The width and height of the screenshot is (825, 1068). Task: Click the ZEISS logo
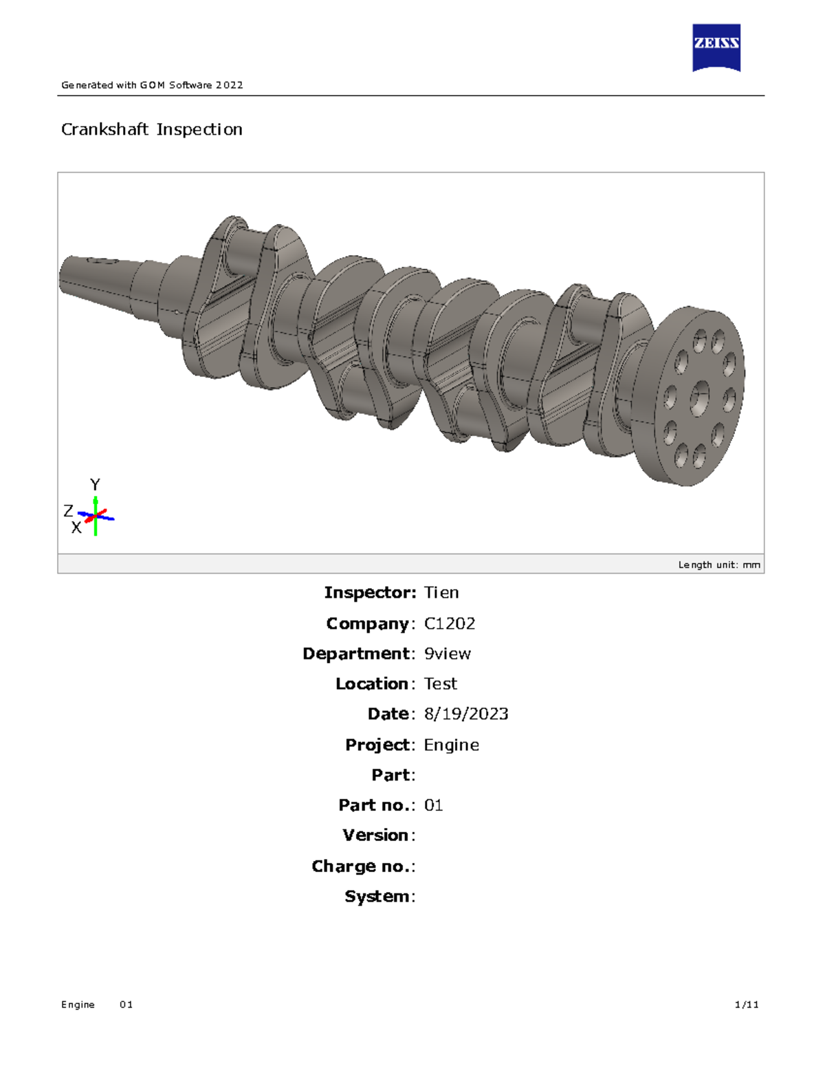click(x=716, y=47)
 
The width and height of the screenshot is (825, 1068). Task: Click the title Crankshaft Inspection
click(x=151, y=129)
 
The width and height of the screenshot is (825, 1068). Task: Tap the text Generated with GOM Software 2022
click(x=152, y=85)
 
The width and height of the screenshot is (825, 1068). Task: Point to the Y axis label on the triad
click(x=95, y=485)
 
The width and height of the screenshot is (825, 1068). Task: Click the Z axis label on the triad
click(x=68, y=511)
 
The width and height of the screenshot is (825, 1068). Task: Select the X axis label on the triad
click(x=76, y=527)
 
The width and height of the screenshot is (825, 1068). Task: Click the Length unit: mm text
click(x=718, y=565)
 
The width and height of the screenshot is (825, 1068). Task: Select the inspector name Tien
click(x=441, y=593)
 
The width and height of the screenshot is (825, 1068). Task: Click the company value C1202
click(x=450, y=624)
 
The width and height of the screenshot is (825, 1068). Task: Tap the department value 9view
click(x=448, y=654)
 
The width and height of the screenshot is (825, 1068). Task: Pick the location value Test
click(x=440, y=684)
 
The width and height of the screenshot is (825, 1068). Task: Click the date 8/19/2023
click(x=466, y=715)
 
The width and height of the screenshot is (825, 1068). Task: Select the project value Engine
click(x=451, y=745)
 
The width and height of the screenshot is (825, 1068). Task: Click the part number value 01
click(x=433, y=805)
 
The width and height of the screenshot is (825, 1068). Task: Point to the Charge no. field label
click(x=362, y=867)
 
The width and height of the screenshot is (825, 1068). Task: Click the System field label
click(x=379, y=897)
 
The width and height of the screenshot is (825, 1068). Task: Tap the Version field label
click(x=377, y=836)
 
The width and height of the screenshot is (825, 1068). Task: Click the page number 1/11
click(x=747, y=1005)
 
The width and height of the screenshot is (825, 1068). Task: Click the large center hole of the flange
click(x=700, y=397)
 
